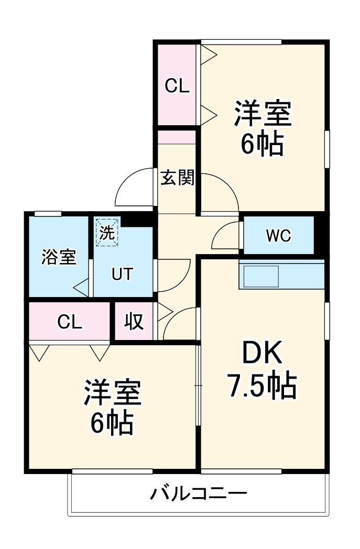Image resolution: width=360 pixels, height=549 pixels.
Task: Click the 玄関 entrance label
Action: pos(177,178)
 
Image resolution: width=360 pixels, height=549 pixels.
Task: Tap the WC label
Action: pos(278,236)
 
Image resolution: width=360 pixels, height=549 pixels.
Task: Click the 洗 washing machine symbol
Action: pos(107,233)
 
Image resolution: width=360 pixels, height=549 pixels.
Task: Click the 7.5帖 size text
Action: pos(261,387)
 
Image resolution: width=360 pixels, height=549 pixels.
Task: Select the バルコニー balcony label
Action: pos(199,493)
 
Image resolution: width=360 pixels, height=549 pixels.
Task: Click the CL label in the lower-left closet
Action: pos(70,322)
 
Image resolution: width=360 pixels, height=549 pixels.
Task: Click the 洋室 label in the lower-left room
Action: pos(112,393)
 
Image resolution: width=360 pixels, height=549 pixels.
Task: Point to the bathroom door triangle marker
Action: pos(81,287)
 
